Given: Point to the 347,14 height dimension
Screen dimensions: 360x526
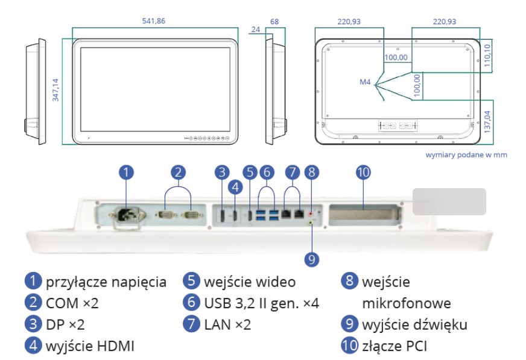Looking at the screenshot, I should click(x=56, y=90).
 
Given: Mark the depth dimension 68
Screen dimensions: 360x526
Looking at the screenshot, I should click(x=274, y=21).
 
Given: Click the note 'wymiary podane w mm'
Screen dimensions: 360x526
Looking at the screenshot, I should click(x=466, y=154).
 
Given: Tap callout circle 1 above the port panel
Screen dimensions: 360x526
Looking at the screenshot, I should click(x=125, y=172).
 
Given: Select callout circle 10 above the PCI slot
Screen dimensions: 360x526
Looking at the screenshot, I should click(x=363, y=172).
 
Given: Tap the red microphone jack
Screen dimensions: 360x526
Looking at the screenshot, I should click(x=311, y=213).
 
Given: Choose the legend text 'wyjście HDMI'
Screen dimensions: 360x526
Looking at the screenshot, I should click(x=90, y=346).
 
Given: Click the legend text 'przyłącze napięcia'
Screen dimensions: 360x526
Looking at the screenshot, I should click(x=106, y=282).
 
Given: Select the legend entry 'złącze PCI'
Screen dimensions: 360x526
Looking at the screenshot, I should click(x=393, y=346).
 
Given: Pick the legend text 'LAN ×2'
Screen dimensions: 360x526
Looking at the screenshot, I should click(x=227, y=324).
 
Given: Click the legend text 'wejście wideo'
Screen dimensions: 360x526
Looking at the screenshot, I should click(x=250, y=282).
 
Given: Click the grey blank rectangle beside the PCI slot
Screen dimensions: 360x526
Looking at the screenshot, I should click(x=449, y=201).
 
